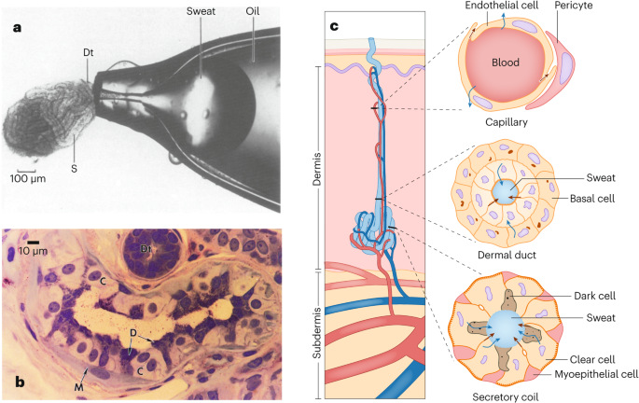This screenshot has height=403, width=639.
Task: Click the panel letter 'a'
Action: coord(16,27)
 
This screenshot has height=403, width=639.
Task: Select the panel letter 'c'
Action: coord(333,25)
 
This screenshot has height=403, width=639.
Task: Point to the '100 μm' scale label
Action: coord(30,178)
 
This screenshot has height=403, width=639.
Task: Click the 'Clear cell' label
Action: coord(592,358)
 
